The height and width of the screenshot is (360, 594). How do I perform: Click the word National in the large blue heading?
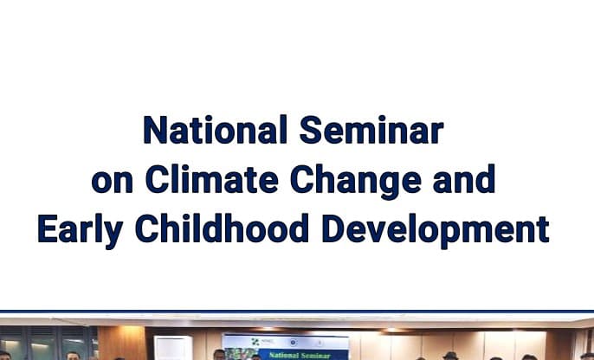[216, 132]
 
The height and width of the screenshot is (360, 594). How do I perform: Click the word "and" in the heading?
[460, 181]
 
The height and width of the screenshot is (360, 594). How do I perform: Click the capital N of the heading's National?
[154, 132]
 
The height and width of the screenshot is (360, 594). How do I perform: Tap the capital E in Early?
[47, 230]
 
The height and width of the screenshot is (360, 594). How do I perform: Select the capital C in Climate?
[157, 181]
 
